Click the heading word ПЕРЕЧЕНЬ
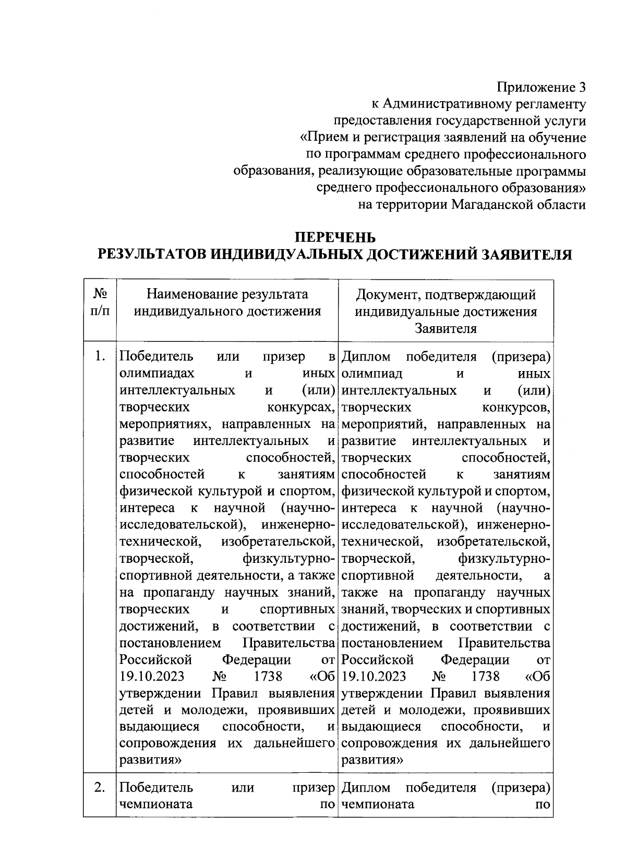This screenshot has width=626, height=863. (x=335, y=238)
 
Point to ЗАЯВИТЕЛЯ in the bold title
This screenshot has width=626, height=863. (x=526, y=254)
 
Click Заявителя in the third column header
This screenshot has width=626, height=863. (x=446, y=329)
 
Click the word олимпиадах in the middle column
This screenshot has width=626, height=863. (x=157, y=374)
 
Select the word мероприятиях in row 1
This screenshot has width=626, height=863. (x=160, y=424)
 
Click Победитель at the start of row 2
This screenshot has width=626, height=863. (x=156, y=787)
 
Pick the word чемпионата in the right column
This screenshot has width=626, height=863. (x=378, y=804)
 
